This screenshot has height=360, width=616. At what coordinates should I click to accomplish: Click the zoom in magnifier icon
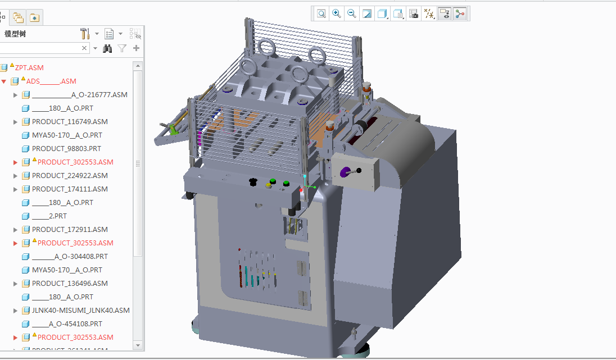337,13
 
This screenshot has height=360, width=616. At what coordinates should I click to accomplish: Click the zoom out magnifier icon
352,13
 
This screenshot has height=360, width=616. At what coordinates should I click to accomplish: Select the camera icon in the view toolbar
414,14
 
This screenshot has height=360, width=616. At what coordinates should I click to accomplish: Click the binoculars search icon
108,49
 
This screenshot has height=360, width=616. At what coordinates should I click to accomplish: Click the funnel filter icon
122,49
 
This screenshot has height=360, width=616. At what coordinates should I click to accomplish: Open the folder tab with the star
34,18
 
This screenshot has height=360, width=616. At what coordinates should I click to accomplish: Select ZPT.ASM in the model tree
29,67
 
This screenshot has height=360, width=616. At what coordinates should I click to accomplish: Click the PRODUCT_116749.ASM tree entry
70,122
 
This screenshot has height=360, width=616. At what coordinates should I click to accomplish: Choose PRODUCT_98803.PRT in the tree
66,149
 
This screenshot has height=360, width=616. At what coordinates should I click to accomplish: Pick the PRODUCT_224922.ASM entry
70,176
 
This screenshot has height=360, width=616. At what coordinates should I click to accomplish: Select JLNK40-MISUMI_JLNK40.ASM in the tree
80,311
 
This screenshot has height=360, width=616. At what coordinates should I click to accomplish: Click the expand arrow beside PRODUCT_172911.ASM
16,230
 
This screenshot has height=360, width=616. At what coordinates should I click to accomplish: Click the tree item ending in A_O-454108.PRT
67,324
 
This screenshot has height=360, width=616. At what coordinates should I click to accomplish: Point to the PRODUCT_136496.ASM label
70,284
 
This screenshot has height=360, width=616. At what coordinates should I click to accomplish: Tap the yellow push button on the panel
269,185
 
